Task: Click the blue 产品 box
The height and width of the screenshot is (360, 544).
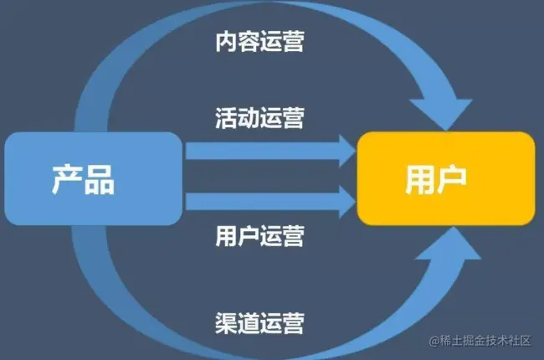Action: click(x=93, y=178)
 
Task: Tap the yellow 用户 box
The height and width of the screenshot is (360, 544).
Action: click(x=445, y=178)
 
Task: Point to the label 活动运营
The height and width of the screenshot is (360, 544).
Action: click(x=259, y=116)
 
